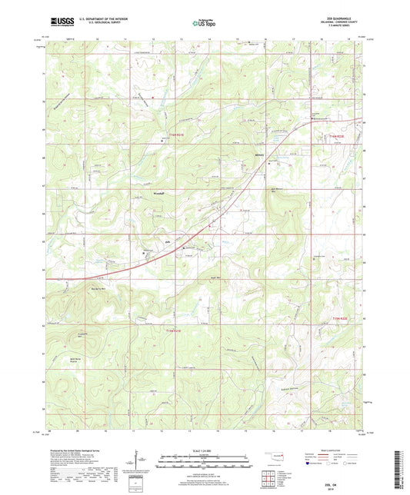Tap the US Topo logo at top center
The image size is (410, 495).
pyautogui.click(x=205, y=23)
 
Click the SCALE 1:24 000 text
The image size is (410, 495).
pyautogui.click(x=205, y=450)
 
